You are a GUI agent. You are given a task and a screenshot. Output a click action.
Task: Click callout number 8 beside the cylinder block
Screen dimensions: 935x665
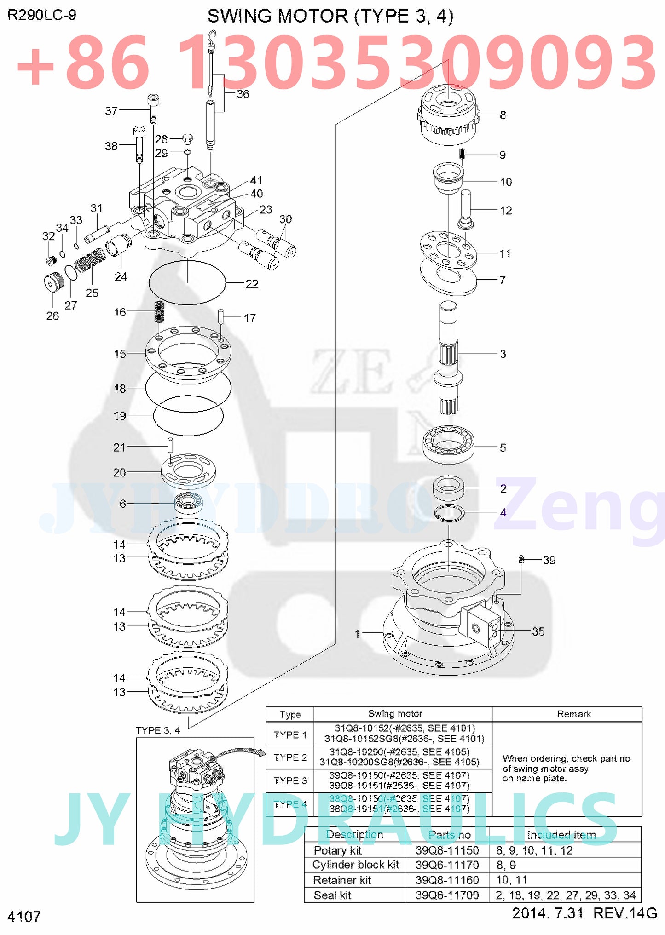(503, 115)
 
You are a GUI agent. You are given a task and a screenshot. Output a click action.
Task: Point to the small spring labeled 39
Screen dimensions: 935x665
(521, 559)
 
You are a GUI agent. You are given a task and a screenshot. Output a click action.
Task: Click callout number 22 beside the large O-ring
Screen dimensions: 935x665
(252, 284)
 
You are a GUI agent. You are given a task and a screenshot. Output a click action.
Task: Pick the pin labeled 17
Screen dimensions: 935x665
(221, 316)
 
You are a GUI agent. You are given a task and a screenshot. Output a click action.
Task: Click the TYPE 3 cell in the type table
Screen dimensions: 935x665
(290, 780)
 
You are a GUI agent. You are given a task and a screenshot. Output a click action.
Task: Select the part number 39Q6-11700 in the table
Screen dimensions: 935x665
(447, 895)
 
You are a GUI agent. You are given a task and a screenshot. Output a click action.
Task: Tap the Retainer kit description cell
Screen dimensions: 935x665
(342, 880)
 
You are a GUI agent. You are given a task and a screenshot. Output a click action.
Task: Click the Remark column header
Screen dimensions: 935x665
(573, 714)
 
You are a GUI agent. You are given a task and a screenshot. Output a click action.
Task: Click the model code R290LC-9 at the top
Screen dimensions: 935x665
(42, 15)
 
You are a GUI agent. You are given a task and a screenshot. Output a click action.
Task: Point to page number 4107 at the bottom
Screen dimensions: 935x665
(24, 917)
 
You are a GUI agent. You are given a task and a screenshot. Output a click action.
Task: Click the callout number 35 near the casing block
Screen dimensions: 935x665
(538, 631)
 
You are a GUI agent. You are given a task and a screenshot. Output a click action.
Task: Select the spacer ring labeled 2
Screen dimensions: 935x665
(448, 488)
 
